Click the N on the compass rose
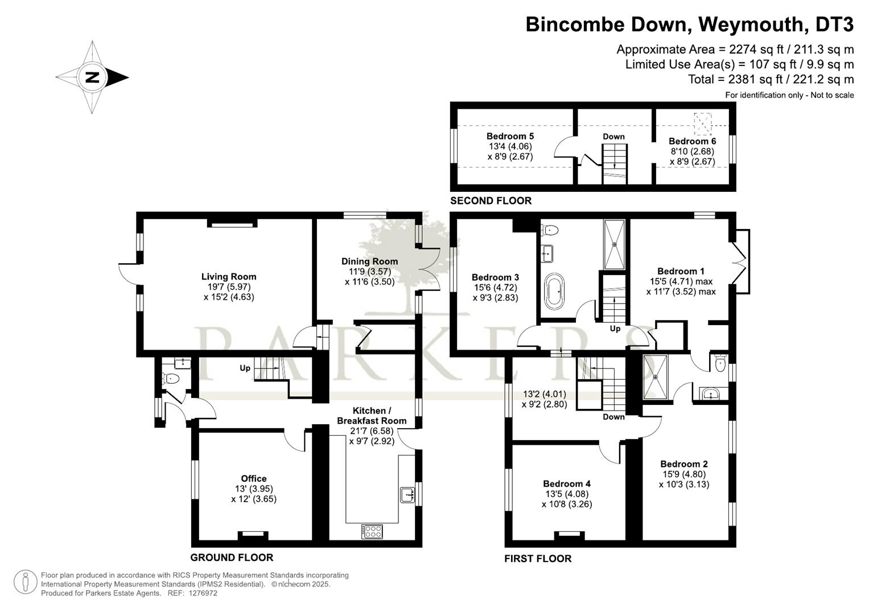click(x=92, y=77)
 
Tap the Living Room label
click(x=229, y=276)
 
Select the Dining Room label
click(x=370, y=261)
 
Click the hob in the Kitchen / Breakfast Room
click(x=372, y=531)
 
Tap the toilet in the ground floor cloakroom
click(x=170, y=378)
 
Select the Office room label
click(x=254, y=478)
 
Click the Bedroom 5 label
click(x=510, y=136)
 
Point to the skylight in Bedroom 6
click(x=703, y=124)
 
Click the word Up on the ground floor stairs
click(x=245, y=368)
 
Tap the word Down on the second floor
click(x=613, y=137)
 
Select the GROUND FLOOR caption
click(x=232, y=557)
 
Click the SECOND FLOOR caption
click(x=491, y=200)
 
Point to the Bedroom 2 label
click(x=684, y=464)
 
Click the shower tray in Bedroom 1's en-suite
click(x=656, y=376)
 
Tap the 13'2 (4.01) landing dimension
click(x=544, y=394)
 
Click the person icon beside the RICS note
click(x=25, y=582)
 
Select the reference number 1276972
click(x=203, y=593)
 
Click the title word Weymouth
click(x=751, y=24)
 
